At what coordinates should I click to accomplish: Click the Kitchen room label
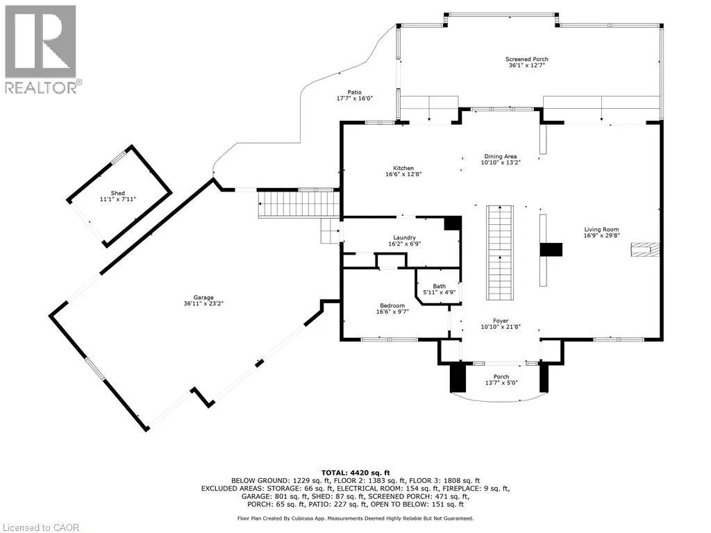403,168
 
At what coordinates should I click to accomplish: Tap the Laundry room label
405,237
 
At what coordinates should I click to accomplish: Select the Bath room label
440,286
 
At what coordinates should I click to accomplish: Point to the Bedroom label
392,305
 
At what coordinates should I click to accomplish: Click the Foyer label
501,320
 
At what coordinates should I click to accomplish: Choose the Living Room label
601,230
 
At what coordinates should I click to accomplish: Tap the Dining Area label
501,156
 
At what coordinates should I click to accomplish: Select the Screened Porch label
526,60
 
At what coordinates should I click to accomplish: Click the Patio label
354,92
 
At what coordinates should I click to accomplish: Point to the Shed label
118,193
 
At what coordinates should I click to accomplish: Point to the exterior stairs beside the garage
298,204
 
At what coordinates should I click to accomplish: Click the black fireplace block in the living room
551,250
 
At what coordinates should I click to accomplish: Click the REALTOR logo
41,49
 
